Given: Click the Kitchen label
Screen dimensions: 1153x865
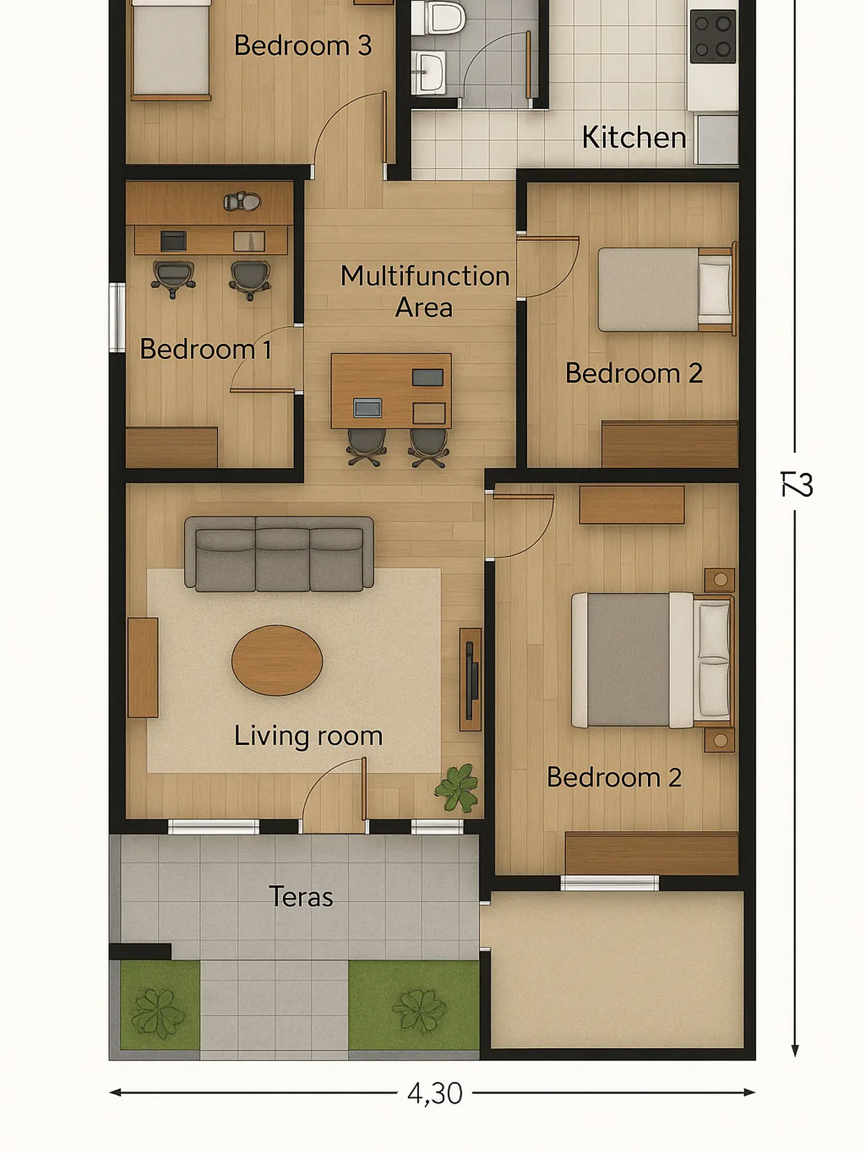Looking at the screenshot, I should pos(633,138).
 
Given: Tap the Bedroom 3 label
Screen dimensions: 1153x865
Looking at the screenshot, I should pos(302,46).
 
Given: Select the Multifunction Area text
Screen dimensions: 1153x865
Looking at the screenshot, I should pos(424,291).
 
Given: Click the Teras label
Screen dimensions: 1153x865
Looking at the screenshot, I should pos(301,897).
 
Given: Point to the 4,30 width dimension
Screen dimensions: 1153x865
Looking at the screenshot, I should pos(435,1094).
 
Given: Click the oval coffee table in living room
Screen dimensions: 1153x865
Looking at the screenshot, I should pos(277,660).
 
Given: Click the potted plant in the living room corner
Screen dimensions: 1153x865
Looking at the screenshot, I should pos(458,788).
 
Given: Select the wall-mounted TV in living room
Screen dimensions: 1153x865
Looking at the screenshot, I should pos(471,680).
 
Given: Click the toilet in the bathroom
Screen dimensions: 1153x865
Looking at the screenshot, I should pos(437,18).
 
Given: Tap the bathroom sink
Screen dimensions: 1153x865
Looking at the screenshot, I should pos(428,71).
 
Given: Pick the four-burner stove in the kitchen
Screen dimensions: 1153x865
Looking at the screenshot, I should pos(712,36).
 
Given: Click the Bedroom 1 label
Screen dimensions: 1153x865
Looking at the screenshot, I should pos(205,349).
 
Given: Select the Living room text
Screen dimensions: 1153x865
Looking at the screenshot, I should pos(308,736).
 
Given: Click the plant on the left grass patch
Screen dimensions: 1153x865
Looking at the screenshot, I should pos(157,1012).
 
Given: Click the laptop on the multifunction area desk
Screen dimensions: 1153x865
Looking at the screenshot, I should pos(367,408).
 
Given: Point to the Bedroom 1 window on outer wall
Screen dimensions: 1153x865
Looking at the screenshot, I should pos(117,317).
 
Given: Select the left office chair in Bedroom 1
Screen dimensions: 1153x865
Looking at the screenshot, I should pos(174,278).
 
